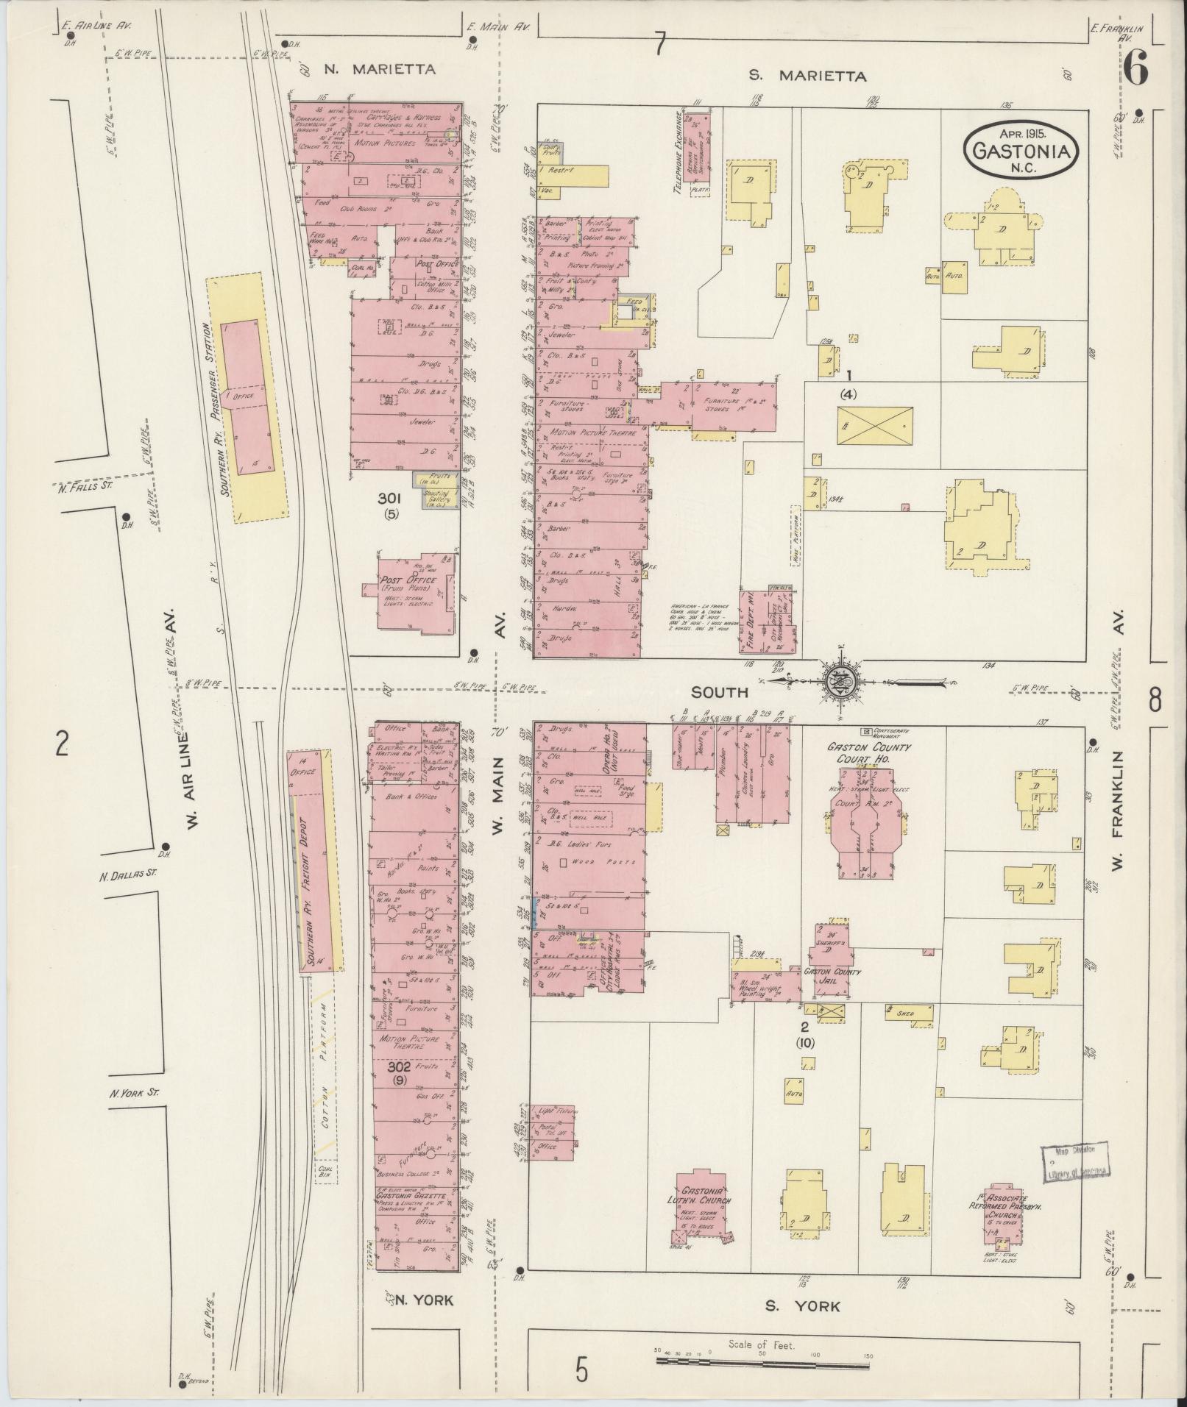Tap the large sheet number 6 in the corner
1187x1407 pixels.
tap(1135, 71)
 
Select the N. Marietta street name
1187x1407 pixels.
tap(380, 69)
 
